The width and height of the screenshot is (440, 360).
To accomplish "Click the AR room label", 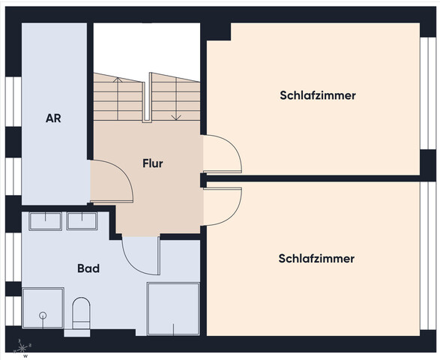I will [x=52, y=118].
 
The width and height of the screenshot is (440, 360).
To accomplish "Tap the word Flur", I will [x=153, y=163].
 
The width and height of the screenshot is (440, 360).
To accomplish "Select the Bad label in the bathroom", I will [x=88, y=268].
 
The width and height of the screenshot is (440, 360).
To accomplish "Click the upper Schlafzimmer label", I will [x=318, y=95].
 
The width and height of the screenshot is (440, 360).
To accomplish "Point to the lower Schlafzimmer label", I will [x=316, y=259].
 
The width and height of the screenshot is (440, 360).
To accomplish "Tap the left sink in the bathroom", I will [x=46, y=220].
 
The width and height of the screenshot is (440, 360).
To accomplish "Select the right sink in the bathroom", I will [x=82, y=220].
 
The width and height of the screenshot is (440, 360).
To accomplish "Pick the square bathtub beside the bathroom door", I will [x=173, y=307].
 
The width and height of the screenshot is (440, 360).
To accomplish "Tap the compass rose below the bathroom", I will [x=25, y=347].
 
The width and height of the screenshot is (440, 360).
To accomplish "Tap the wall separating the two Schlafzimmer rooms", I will [x=315, y=178].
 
